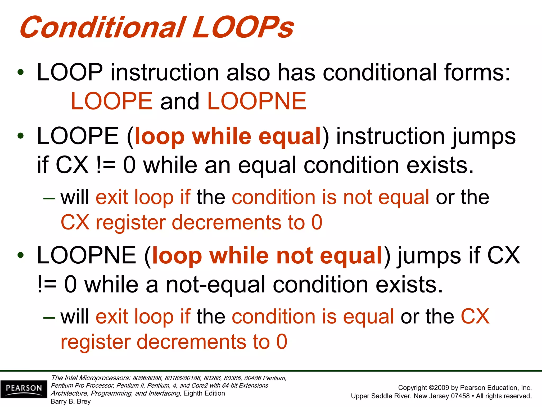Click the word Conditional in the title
click(x=102, y=27)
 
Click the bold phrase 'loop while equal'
click(x=228, y=136)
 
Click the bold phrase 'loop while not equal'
click(x=267, y=256)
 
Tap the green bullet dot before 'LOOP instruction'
click(x=20, y=72)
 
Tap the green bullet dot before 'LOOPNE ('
click(x=20, y=255)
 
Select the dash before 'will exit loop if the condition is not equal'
click(x=49, y=198)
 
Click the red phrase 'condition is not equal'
click(x=330, y=197)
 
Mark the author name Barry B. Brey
click(x=70, y=401)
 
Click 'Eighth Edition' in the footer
click(x=204, y=393)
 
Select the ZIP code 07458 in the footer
click(x=460, y=396)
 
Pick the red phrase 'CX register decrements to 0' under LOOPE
click(x=191, y=222)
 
